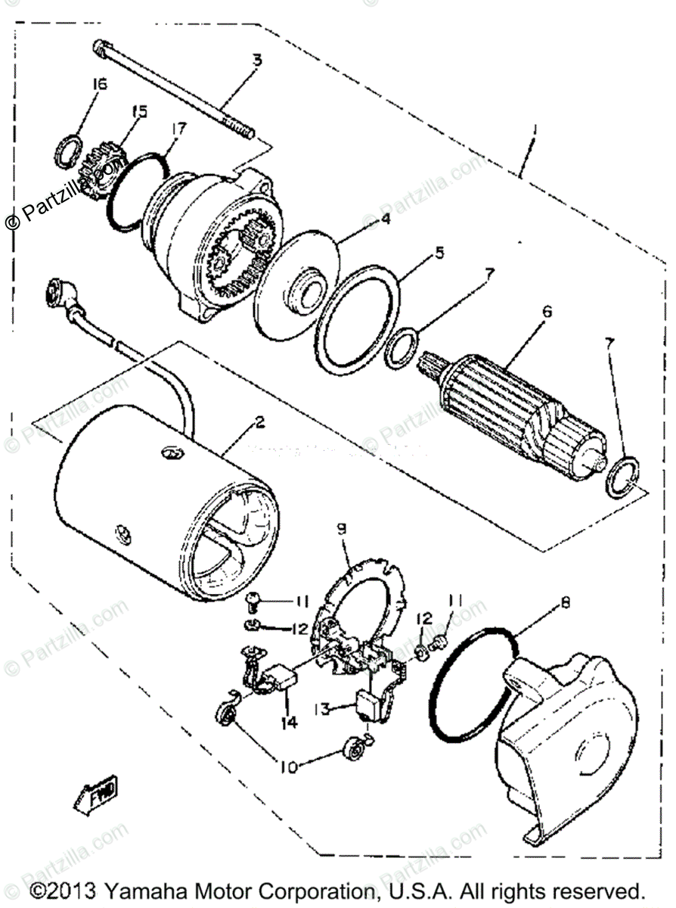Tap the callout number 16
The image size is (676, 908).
pyautogui.click(x=99, y=84)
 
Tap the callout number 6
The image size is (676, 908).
pyautogui.click(x=547, y=311)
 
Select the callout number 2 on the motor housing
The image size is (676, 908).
pyautogui.click(x=259, y=424)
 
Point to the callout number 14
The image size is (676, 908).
pyautogui.click(x=290, y=723)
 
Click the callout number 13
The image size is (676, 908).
pyautogui.click(x=321, y=709)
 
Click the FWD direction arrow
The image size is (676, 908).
pyautogui.click(x=96, y=794)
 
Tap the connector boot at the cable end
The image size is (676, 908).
pyautogui.click(x=60, y=291)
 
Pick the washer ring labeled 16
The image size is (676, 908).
pyautogui.click(x=67, y=149)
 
